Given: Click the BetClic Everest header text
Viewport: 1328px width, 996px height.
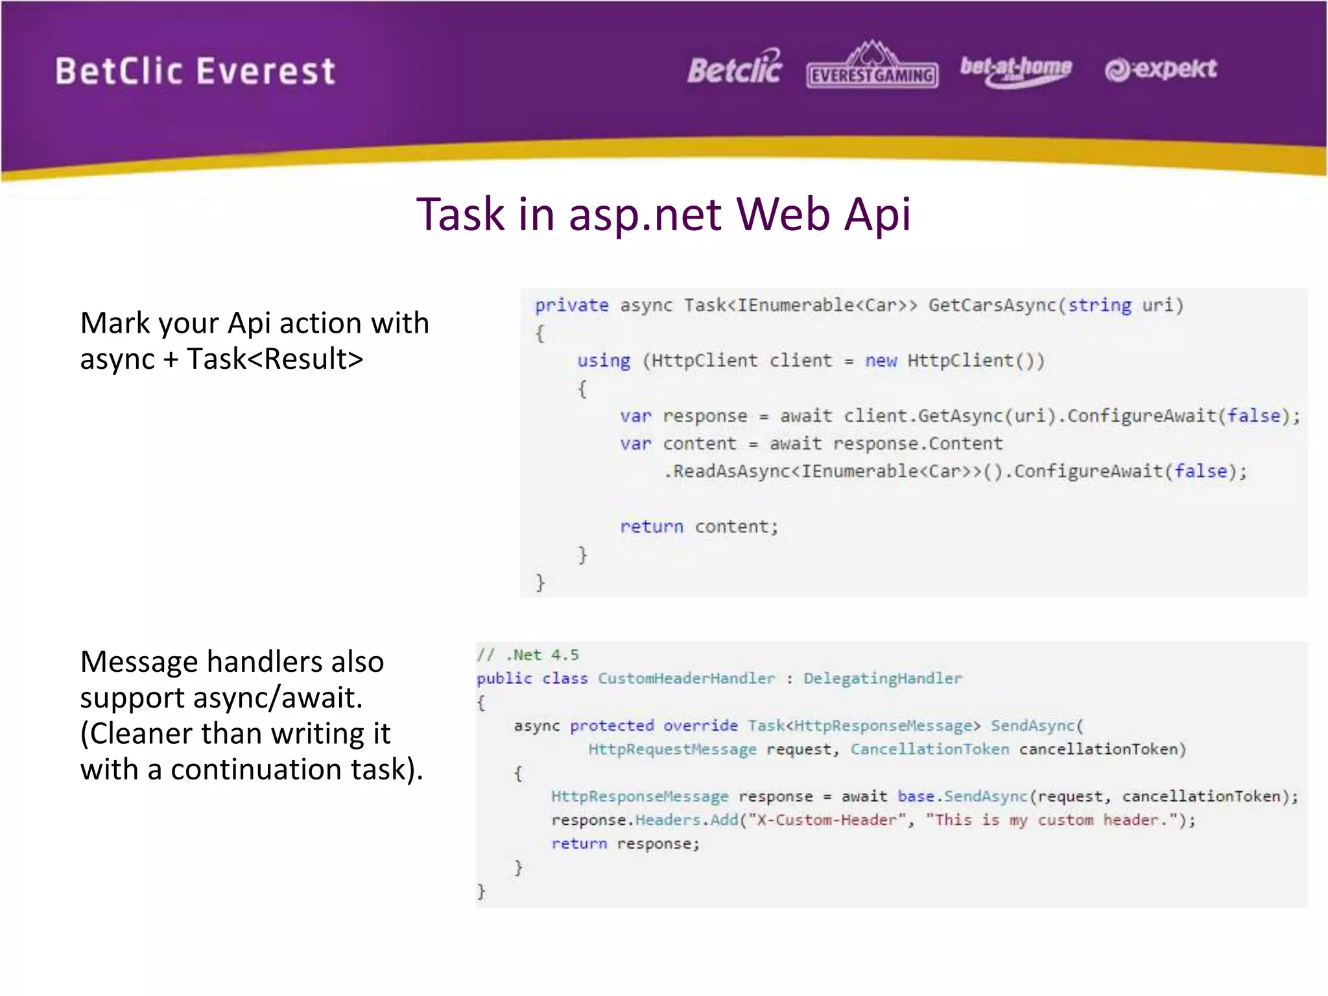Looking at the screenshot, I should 195,71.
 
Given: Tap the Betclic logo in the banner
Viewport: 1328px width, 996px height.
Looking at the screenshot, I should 735,68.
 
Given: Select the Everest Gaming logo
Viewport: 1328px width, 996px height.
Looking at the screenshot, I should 872,67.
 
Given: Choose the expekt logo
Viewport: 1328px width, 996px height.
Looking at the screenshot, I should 1161,69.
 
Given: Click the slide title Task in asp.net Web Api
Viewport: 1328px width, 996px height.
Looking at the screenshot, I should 663,214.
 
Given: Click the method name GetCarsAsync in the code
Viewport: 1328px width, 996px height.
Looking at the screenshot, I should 991,305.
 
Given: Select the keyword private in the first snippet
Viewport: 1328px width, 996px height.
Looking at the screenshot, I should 571,305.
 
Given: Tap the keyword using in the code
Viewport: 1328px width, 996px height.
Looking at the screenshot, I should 603,361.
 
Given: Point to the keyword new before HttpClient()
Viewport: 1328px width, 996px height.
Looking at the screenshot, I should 881,361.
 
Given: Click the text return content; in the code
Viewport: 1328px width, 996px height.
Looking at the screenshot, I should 698,527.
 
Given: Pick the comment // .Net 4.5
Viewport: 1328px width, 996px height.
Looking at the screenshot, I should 528,655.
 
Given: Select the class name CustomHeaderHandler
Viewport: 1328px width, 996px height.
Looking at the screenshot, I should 686,678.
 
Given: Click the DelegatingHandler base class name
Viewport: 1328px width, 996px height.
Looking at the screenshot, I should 883,678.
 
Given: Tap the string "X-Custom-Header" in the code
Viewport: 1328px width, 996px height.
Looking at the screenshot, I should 827,820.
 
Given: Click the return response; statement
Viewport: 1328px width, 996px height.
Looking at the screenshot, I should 626,844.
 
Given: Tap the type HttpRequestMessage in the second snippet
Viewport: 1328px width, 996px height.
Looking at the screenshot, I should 672,750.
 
